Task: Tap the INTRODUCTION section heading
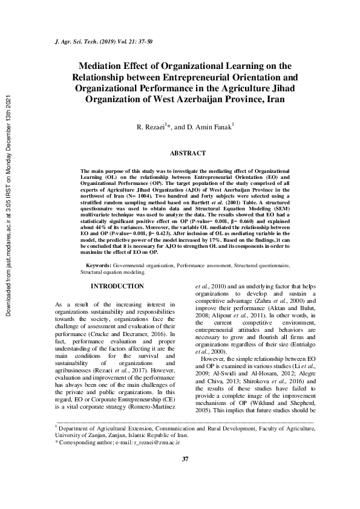point(117,286)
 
